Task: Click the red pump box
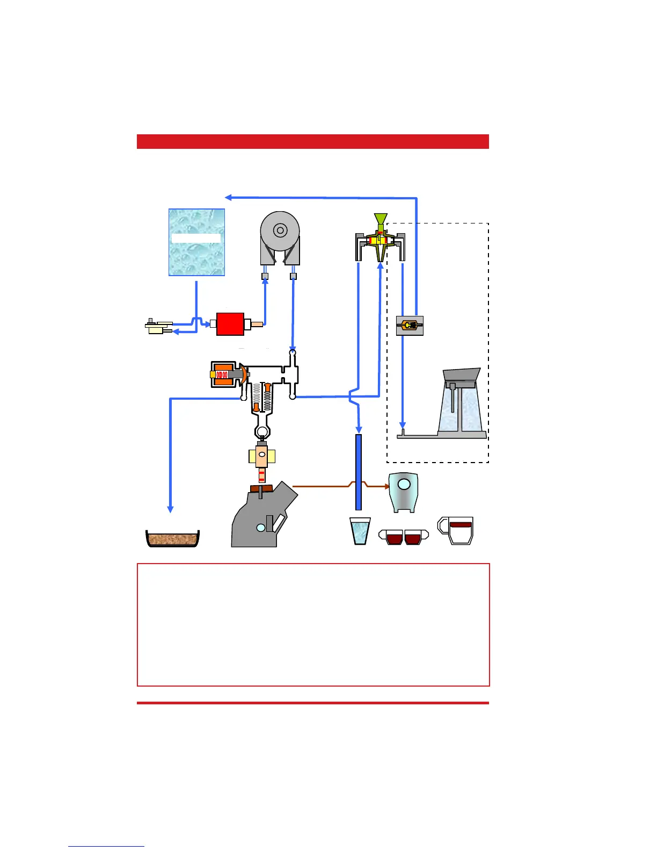point(230,324)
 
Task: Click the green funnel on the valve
point(381,219)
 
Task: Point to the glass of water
point(360,531)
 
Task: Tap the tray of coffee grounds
point(173,539)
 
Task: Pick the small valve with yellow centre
point(410,326)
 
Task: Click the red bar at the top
point(313,141)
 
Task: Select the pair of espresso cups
point(404,537)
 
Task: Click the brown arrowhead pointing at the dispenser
point(386,486)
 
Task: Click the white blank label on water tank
point(196,238)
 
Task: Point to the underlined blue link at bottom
point(106,846)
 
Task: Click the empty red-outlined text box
point(313,624)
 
